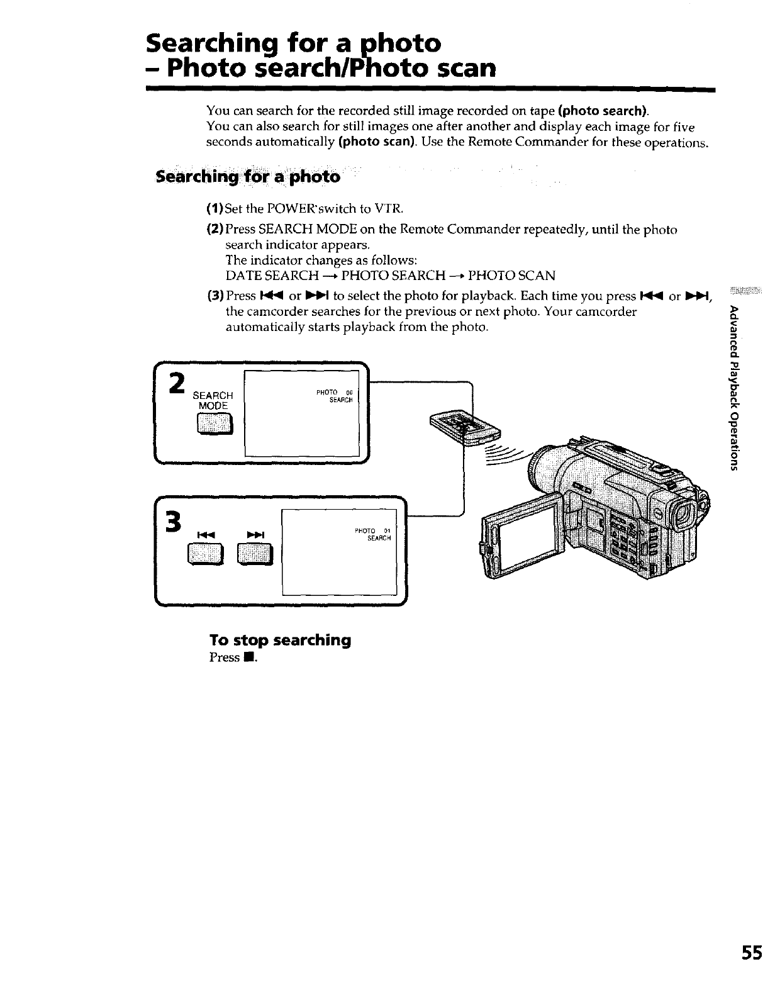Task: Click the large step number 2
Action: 178,383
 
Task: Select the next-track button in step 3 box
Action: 255,554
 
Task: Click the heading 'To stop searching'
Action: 280,640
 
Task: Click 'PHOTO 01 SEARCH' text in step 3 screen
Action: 376,534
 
